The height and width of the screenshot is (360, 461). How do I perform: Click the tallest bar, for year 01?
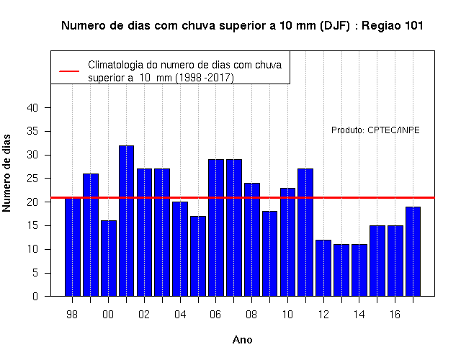127,221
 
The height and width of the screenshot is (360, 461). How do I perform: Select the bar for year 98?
73,247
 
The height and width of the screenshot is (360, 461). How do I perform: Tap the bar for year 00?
109,258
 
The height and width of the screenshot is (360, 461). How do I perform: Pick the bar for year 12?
323,268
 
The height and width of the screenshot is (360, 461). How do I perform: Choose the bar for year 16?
395,261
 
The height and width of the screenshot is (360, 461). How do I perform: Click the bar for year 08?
252,240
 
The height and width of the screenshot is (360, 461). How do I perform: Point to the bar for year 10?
287,242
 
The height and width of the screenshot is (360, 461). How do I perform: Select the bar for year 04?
180,249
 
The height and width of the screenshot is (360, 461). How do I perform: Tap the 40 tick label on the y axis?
32,108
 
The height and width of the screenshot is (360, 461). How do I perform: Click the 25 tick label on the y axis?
32,179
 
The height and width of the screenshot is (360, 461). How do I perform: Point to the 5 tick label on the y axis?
35,273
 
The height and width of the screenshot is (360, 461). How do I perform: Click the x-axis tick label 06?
215,315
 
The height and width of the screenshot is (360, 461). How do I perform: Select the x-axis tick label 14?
359,315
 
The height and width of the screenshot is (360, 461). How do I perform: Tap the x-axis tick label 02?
144,315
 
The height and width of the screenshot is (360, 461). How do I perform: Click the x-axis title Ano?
242,340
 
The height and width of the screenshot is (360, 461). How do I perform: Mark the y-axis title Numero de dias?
6,173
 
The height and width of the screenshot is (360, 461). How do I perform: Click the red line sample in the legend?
69,71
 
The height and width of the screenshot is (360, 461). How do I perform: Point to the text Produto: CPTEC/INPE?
375,130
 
